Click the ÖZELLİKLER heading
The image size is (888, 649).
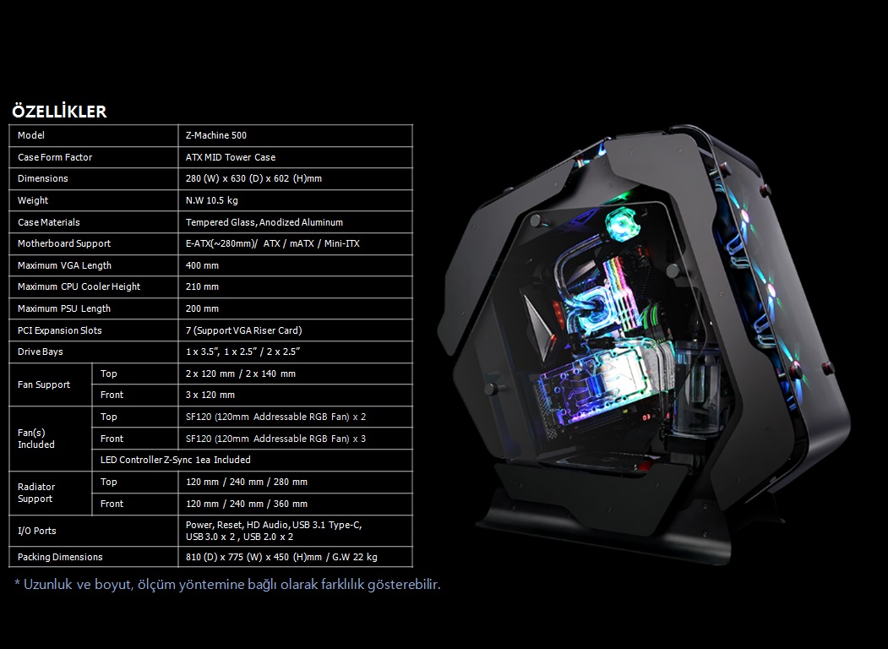pyautogui.click(x=59, y=112)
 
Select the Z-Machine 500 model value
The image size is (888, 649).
pyautogui.click(x=216, y=135)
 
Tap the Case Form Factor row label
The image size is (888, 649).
pyautogui.click(x=55, y=157)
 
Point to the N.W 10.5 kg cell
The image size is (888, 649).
pyautogui.click(x=212, y=200)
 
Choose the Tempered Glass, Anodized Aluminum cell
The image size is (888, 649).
pyautogui.click(x=264, y=222)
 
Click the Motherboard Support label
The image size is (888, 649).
pyautogui.click(x=64, y=243)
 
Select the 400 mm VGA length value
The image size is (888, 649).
pyautogui.click(x=202, y=265)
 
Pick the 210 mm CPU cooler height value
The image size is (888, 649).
pyautogui.click(x=202, y=286)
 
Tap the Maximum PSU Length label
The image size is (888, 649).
pyautogui.click(x=64, y=308)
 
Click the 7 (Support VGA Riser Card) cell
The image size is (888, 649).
pyautogui.click(x=243, y=330)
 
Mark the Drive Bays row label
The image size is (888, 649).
pyautogui.click(x=41, y=352)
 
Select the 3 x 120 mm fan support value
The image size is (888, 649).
pyautogui.click(x=210, y=395)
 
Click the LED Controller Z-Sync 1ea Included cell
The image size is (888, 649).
pyautogui.click(x=176, y=460)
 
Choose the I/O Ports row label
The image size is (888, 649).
pyautogui.click(x=37, y=531)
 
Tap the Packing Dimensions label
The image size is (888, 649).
pyautogui.click(x=60, y=557)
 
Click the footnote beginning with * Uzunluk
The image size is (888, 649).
pyautogui.click(x=227, y=584)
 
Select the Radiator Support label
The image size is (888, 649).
pyautogui.click(x=36, y=493)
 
